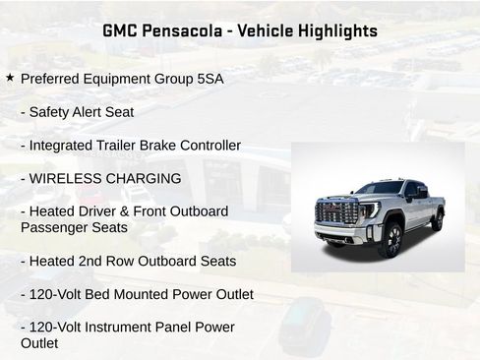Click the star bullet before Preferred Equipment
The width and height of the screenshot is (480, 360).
click(x=10, y=77)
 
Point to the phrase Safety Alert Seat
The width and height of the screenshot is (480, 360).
click(x=82, y=112)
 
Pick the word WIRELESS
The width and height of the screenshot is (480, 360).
click(x=63, y=179)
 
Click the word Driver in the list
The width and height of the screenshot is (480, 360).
click(x=99, y=211)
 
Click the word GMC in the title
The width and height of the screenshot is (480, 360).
click(x=122, y=30)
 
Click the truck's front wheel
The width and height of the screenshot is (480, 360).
click(x=390, y=239)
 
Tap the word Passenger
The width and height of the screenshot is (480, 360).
click(x=53, y=227)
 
